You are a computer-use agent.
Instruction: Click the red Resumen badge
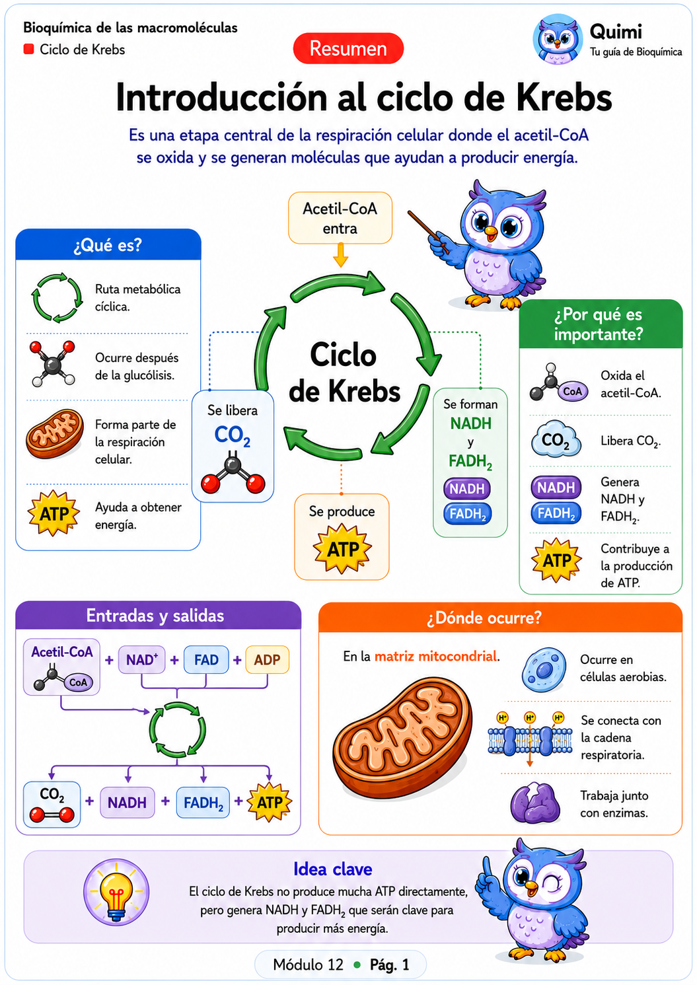click(x=348, y=48)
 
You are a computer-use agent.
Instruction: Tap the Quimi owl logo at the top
click(x=558, y=40)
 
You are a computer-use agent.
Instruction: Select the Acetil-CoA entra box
click(x=340, y=217)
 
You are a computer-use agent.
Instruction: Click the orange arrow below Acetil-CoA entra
click(x=340, y=256)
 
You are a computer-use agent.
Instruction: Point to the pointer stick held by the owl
click(x=428, y=232)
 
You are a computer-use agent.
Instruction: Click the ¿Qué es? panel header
click(x=108, y=244)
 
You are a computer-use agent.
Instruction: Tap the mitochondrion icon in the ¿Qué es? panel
click(x=55, y=433)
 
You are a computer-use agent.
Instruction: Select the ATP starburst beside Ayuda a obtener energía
click(x=54, y=513)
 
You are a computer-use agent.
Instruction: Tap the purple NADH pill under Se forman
click(x=467, y=489)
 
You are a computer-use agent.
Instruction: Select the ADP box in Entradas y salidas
click(x=267, y=659)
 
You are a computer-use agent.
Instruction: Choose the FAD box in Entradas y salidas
click(x=206, y=659)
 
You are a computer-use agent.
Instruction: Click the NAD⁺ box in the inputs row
click(x=141, y=659)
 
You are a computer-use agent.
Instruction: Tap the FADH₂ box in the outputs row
click(x=203, y=803)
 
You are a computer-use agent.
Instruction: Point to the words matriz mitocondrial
click(x=436, y=657)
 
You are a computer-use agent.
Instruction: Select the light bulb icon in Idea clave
click(x=116, y=893)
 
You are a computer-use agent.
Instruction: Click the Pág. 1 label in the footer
click(x=389, y=965)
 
